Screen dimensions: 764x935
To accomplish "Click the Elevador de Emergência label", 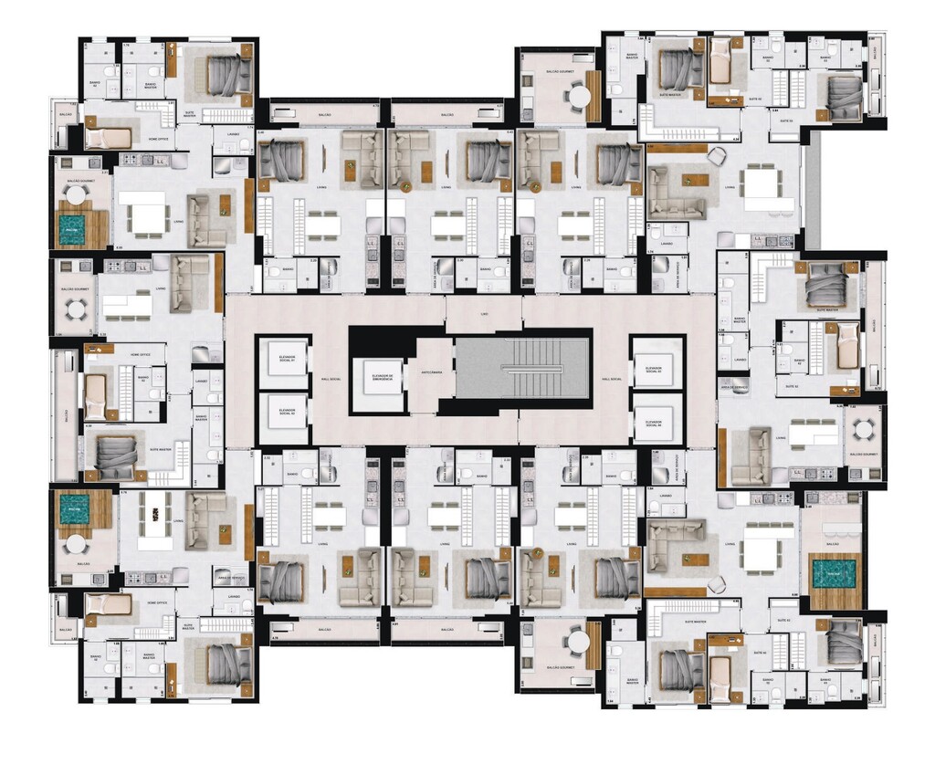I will (x=377, y=376).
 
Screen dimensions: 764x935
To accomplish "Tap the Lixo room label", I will (x=484, y=314).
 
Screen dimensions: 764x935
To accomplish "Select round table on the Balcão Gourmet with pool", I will (x=75, y=194).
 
